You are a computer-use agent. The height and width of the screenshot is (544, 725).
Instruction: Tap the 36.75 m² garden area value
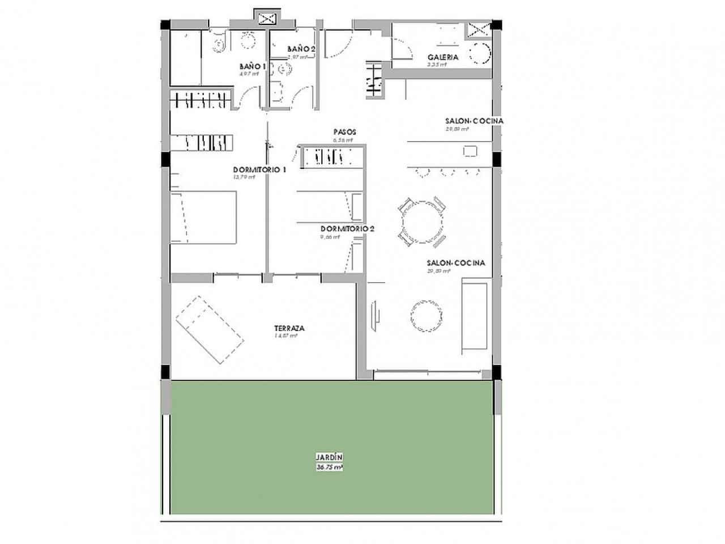[329, 467]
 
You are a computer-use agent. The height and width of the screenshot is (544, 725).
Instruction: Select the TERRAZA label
[289, 328]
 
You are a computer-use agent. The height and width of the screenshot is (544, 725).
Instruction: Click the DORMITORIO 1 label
[259, 169]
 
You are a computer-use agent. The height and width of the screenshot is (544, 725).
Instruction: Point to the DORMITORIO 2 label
[347, 229]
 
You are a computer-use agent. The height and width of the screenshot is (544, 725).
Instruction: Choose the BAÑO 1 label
[252, 66]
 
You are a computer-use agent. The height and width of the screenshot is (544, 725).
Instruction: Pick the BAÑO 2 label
[301, 49]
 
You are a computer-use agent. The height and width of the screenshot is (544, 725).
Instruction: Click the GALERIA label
[443, 57]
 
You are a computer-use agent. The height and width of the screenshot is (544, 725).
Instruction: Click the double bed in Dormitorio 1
[204, 218]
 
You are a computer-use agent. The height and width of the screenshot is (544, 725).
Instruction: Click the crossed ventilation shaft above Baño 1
[266, 18]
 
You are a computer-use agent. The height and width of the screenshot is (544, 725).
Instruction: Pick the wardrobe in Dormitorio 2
[332, 156]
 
